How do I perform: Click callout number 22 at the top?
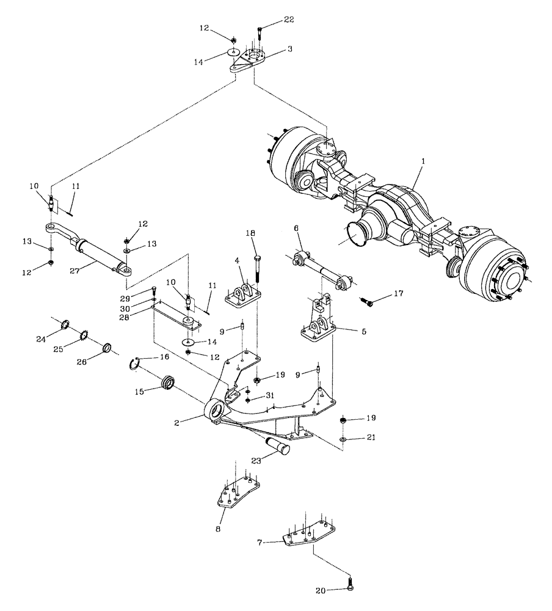pos(289,20)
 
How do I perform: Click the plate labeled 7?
pos(310,532)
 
